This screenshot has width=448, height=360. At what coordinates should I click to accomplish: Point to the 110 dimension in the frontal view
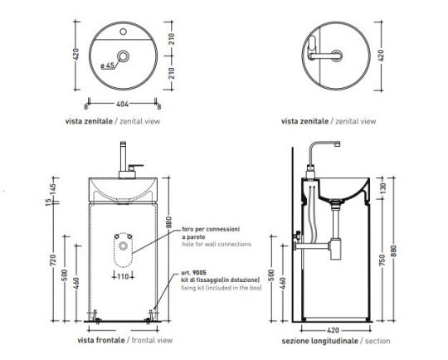pyautogui.click(x=122, y=274)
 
